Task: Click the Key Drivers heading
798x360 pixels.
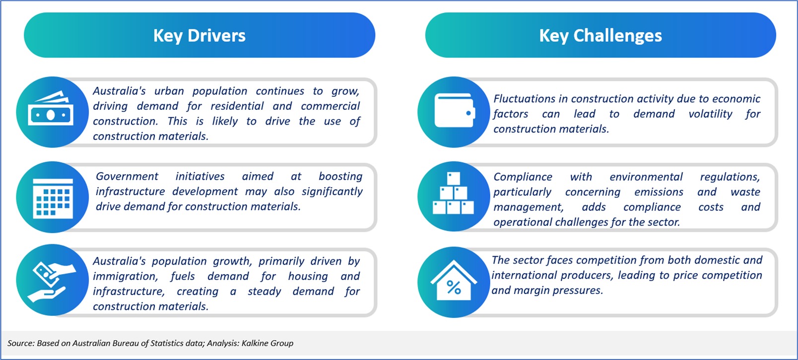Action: (199, 36)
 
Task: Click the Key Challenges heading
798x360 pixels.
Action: (600, 36)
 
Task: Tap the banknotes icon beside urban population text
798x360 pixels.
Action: (51, 108)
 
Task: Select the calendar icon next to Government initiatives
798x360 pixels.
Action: (53, 198)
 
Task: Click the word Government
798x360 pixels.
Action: (127, 176)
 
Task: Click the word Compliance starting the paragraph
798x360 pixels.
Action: (523, 177)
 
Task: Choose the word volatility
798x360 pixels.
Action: (710, 114)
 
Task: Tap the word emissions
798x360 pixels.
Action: (659, 192)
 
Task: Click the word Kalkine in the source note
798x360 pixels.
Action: (255, 343)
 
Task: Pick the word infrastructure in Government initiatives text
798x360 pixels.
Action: (130, 192)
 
